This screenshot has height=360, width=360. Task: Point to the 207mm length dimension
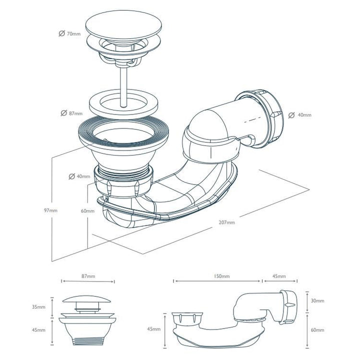click(226, 222)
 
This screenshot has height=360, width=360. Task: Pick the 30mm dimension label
click(316, 300)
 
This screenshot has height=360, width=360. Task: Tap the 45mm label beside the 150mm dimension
click(279, 276)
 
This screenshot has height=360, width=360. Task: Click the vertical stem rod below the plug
click(121, 80)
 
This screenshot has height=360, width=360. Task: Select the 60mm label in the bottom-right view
click(316, 330)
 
